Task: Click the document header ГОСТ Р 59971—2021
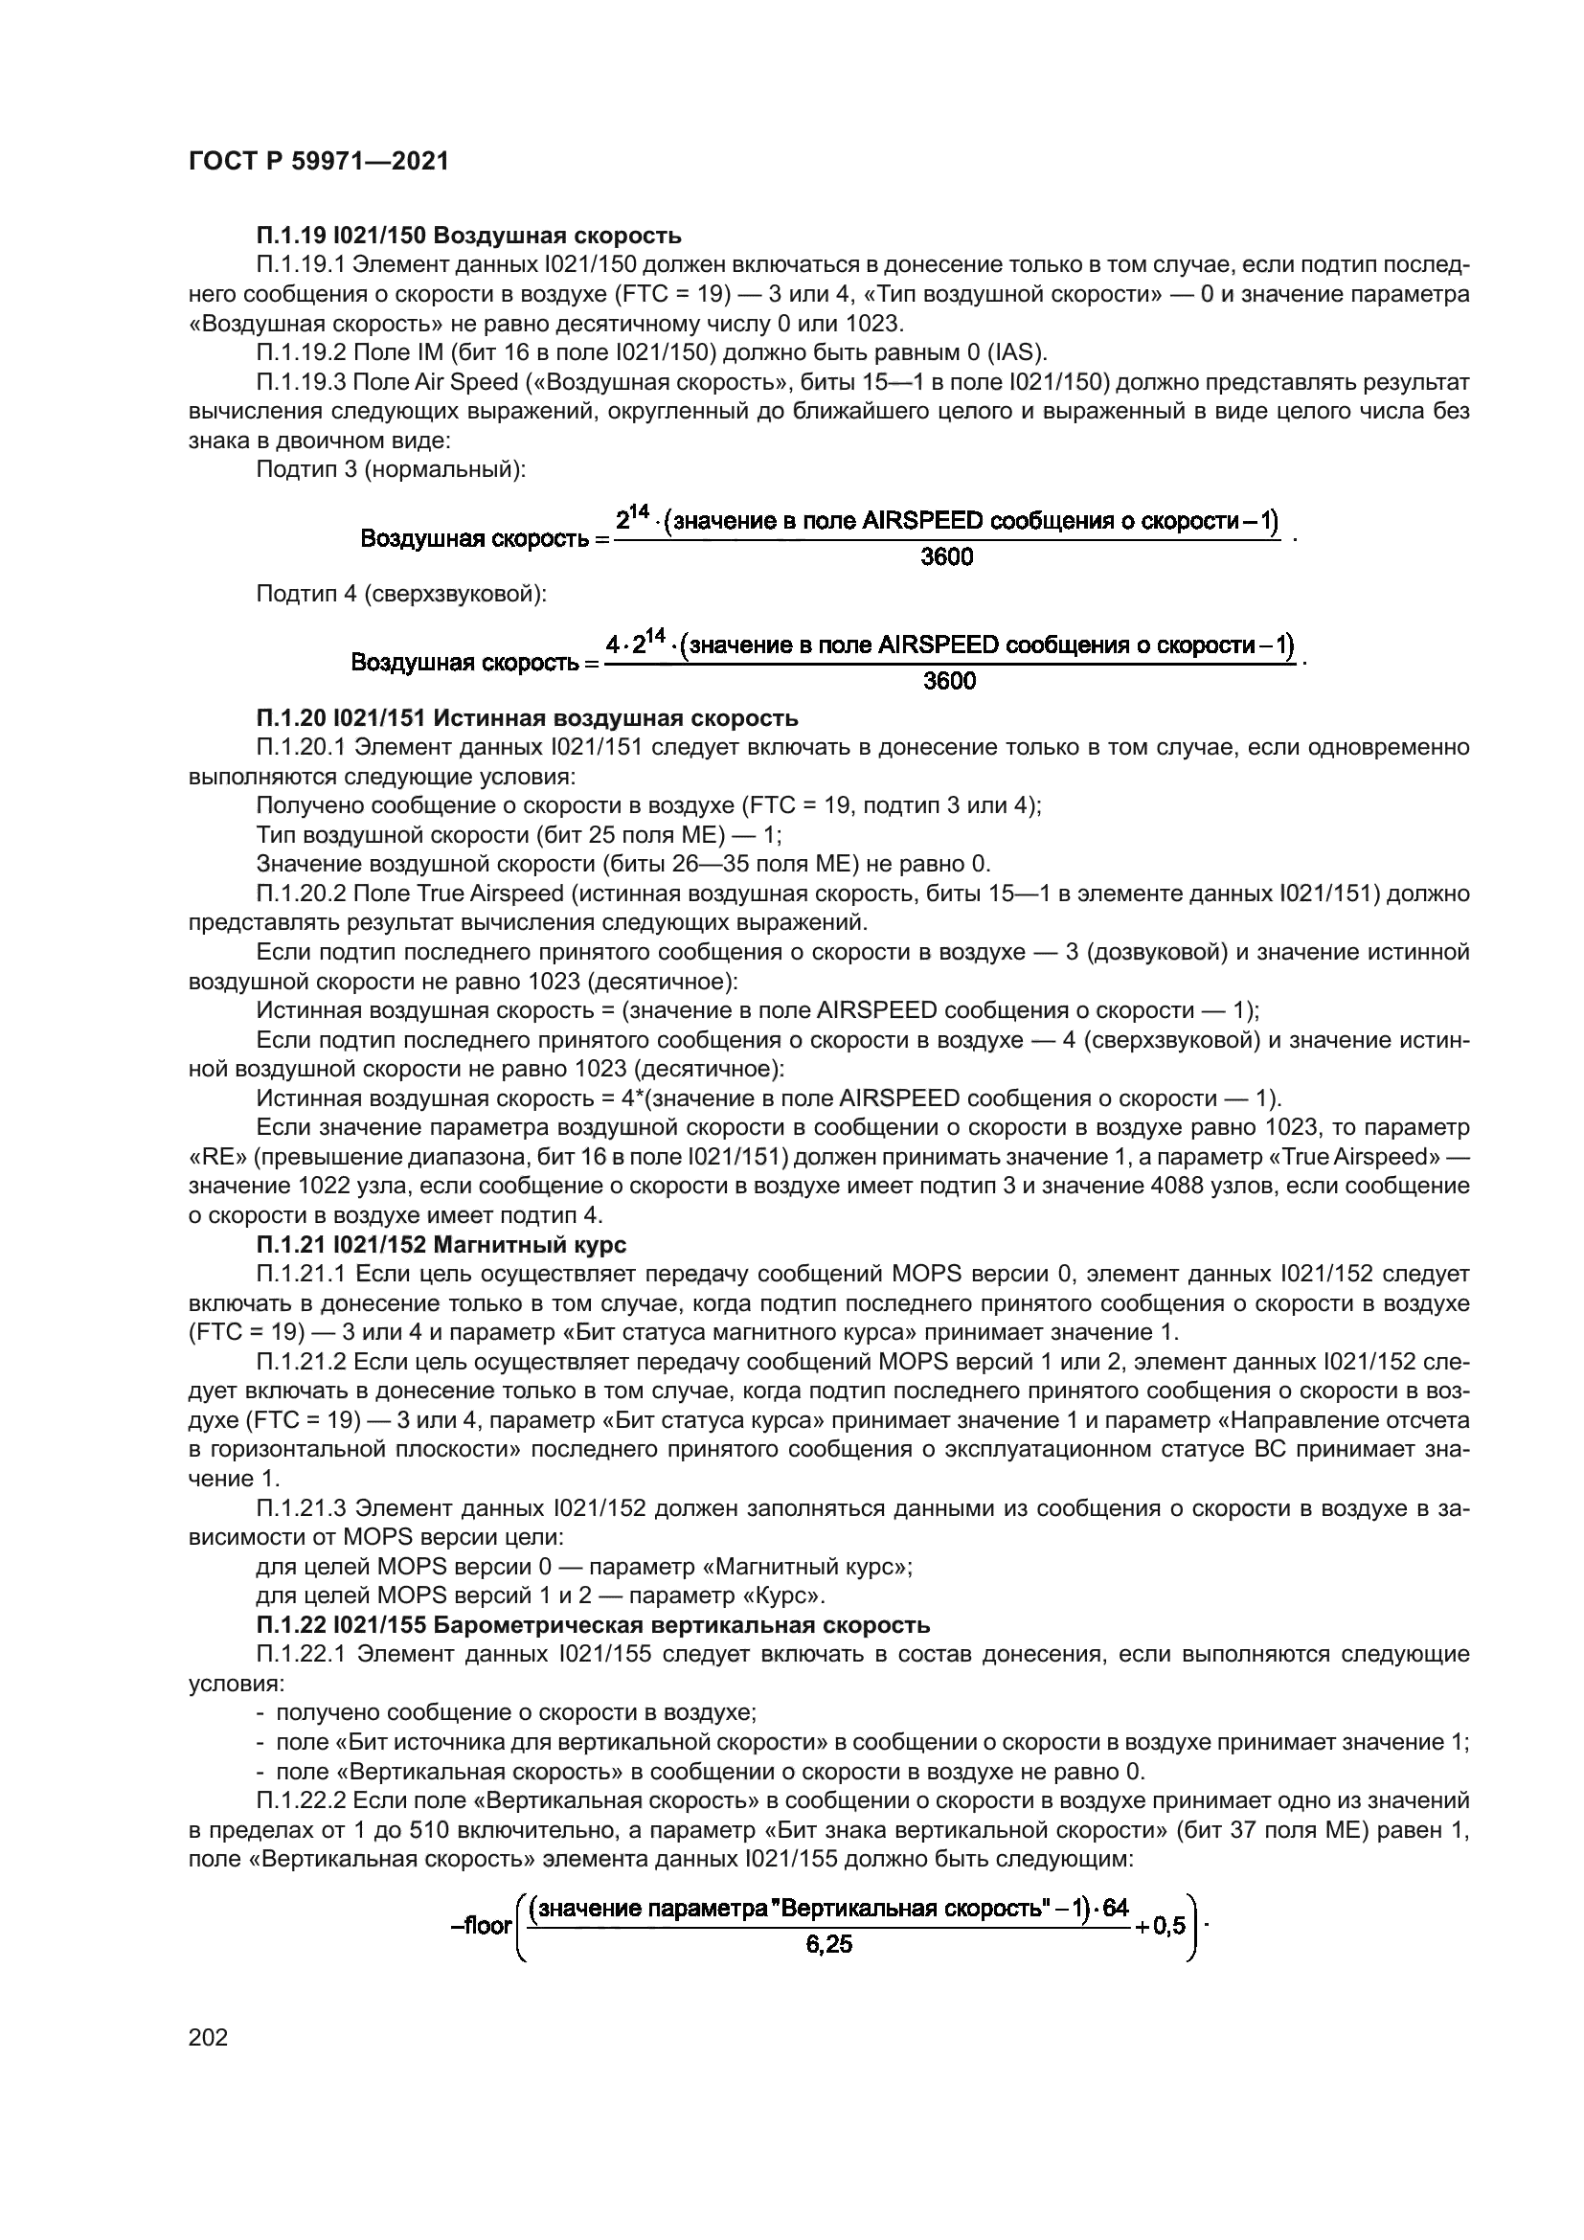[x=318, y=162]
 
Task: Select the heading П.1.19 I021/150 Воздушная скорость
[x=468, y=236]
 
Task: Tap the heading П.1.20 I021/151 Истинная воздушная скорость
[x=527, y=719]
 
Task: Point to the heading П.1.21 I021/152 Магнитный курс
[x=441, y=1245]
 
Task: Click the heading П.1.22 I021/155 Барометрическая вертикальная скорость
[x=593, y=1625]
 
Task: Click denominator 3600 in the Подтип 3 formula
[x=947, y=558]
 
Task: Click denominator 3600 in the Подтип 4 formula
[x=949, y=681]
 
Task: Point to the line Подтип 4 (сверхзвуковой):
[x=401, y=593]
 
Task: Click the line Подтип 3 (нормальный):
[x=390, y=470]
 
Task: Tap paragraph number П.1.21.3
[x=302, y=1508]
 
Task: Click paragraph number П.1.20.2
[x=302, y=894]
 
